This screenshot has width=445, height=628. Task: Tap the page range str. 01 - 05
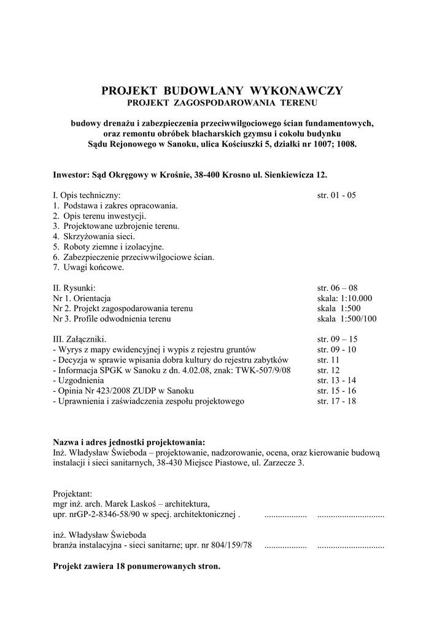[x=336, y=196]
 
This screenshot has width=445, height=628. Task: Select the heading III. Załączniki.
[x=80, y=339]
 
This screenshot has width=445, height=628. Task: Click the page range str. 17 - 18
[x=336, y=401]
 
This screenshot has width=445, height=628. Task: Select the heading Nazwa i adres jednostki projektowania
[x=130, y=442]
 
